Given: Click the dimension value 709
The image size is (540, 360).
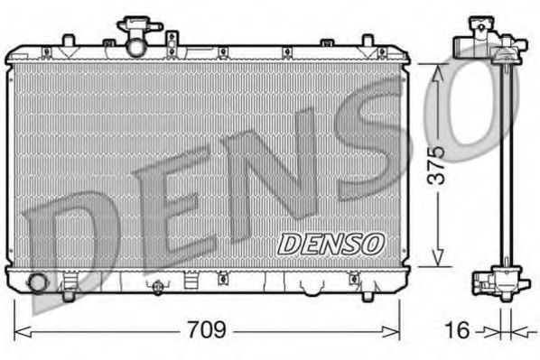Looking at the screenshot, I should [x=207, y=330].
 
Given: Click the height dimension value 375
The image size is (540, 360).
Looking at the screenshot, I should [x=435, y=165].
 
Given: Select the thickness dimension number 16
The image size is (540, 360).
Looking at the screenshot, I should [x=459, y=330].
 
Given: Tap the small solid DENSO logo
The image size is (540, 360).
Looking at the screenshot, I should [x=331, y=242].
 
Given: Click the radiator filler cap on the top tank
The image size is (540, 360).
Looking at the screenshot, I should [x=135, y=24].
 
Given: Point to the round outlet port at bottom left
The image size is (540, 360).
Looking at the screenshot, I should [x=37, y=282].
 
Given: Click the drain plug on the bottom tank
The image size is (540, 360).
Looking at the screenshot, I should [x=157, y=287].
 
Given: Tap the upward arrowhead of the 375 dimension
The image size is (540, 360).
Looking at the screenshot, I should [x=437, y=70].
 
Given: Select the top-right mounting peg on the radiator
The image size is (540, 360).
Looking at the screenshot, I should [x=367, y=41].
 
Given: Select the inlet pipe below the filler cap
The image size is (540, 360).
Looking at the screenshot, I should [x=135, y=45].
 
